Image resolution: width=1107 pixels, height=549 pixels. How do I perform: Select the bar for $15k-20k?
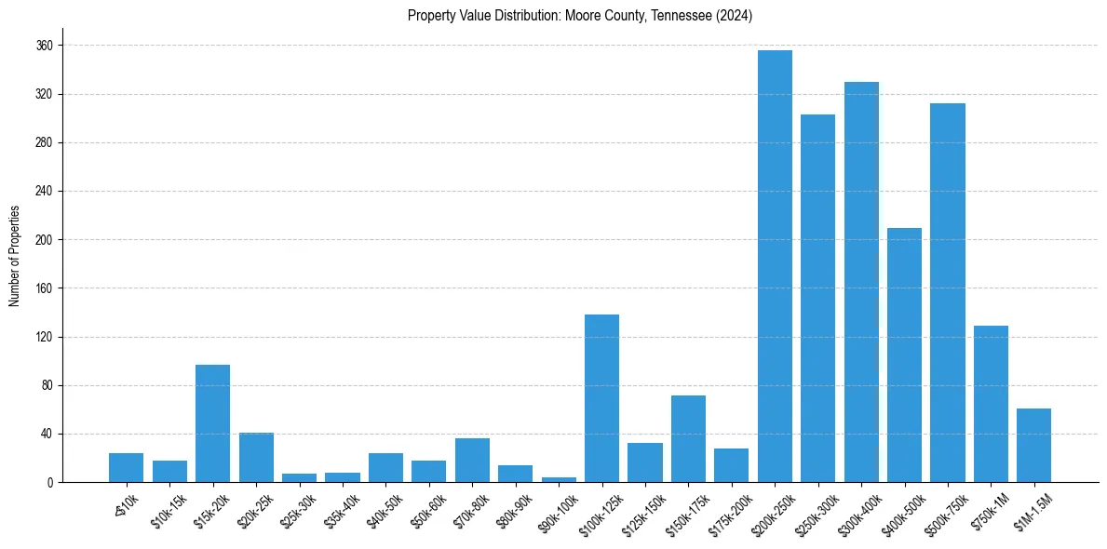(212, 423)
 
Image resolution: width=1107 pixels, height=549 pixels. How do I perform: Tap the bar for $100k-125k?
(601, 398)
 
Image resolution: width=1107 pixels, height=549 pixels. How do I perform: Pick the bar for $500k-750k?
(948, 292)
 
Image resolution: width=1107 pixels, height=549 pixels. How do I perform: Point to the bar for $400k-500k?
(904, 355)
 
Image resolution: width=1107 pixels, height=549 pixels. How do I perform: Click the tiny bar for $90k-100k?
(559, 479)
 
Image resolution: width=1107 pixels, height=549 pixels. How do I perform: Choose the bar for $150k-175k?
(688, 438)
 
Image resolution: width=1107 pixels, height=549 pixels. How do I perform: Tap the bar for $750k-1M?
(991, 404)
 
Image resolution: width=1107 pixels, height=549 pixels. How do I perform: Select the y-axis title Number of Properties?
(14, 255)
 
